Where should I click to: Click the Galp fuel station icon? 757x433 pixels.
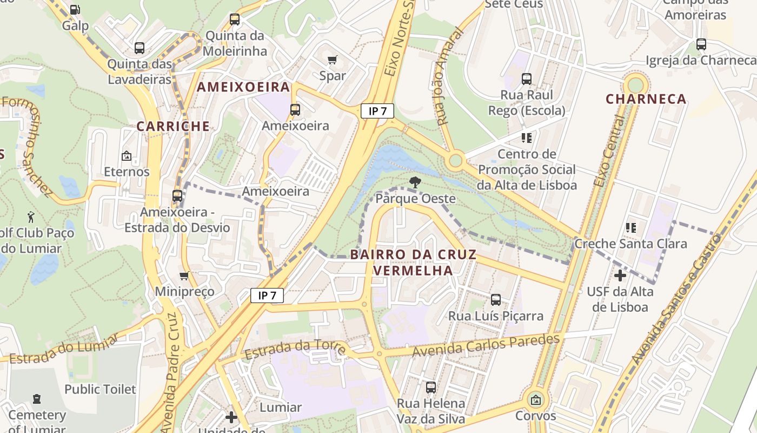(x=75, y=9)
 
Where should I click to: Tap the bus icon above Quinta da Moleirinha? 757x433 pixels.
(x=234, y=19)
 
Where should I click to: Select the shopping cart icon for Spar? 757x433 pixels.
(x=333, y=59)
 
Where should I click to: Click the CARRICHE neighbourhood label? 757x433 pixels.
(x=172, y=126)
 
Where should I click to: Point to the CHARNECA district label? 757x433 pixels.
(x=646, y=99)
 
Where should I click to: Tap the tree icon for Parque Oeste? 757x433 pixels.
(x=415, y=182)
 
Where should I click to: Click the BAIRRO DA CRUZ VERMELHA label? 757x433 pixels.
(x=414, y=262)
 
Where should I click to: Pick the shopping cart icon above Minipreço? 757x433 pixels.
(x=184, y=275)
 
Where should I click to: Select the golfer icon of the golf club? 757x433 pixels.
(x=31, y=217)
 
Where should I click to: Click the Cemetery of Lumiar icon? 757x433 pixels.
(x=37, y=399)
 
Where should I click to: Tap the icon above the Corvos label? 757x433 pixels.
(x=535, y=400)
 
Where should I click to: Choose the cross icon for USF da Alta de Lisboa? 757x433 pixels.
(x=620, y=275)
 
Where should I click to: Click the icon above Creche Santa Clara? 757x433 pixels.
(x=630, y=228)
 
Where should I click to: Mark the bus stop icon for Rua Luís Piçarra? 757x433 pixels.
(x=495, y=299)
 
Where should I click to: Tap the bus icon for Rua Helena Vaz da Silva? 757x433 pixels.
(x=430, y=388)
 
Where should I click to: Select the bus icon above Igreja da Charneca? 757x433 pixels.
(x=701, y=44)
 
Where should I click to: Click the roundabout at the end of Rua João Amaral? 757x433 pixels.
(x=455, y=160)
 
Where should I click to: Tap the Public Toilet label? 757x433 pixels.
(x=100, y=389)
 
